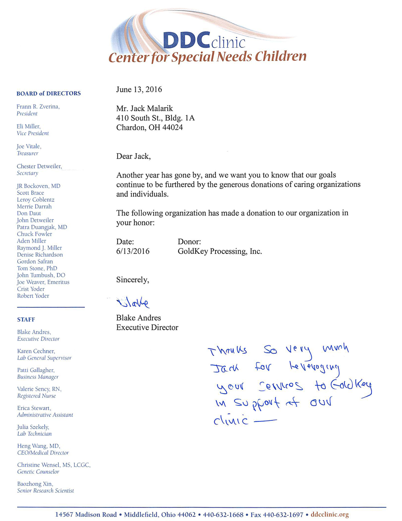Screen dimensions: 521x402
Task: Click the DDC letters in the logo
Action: (x=186, y=40)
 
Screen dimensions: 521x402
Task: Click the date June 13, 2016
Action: (x=139, y=90)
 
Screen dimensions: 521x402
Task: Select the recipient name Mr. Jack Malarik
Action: (x=144, y=108)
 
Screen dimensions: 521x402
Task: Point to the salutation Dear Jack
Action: (x=133, y=156)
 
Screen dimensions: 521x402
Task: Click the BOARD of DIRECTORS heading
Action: (x=49, y=94)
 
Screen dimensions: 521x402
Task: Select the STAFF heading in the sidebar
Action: (x=26, y=320)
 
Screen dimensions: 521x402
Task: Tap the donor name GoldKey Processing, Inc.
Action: (x=219, y=251)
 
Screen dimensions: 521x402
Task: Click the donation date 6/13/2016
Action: (x=133, y=251)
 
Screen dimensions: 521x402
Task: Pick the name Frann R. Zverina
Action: (x=38, y=107)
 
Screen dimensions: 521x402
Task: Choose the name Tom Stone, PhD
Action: (x=37, y=268)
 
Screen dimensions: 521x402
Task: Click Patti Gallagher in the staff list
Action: (x=36, y=370)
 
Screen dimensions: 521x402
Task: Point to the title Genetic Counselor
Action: (x=38, y=472)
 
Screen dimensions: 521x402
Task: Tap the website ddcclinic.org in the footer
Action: (x=330, y=515)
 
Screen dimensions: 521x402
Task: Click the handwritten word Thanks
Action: (x=227, y=351)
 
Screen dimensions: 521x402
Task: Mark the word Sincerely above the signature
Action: (x=132, y=280)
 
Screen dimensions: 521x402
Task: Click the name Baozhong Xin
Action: (x=35, y=484)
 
